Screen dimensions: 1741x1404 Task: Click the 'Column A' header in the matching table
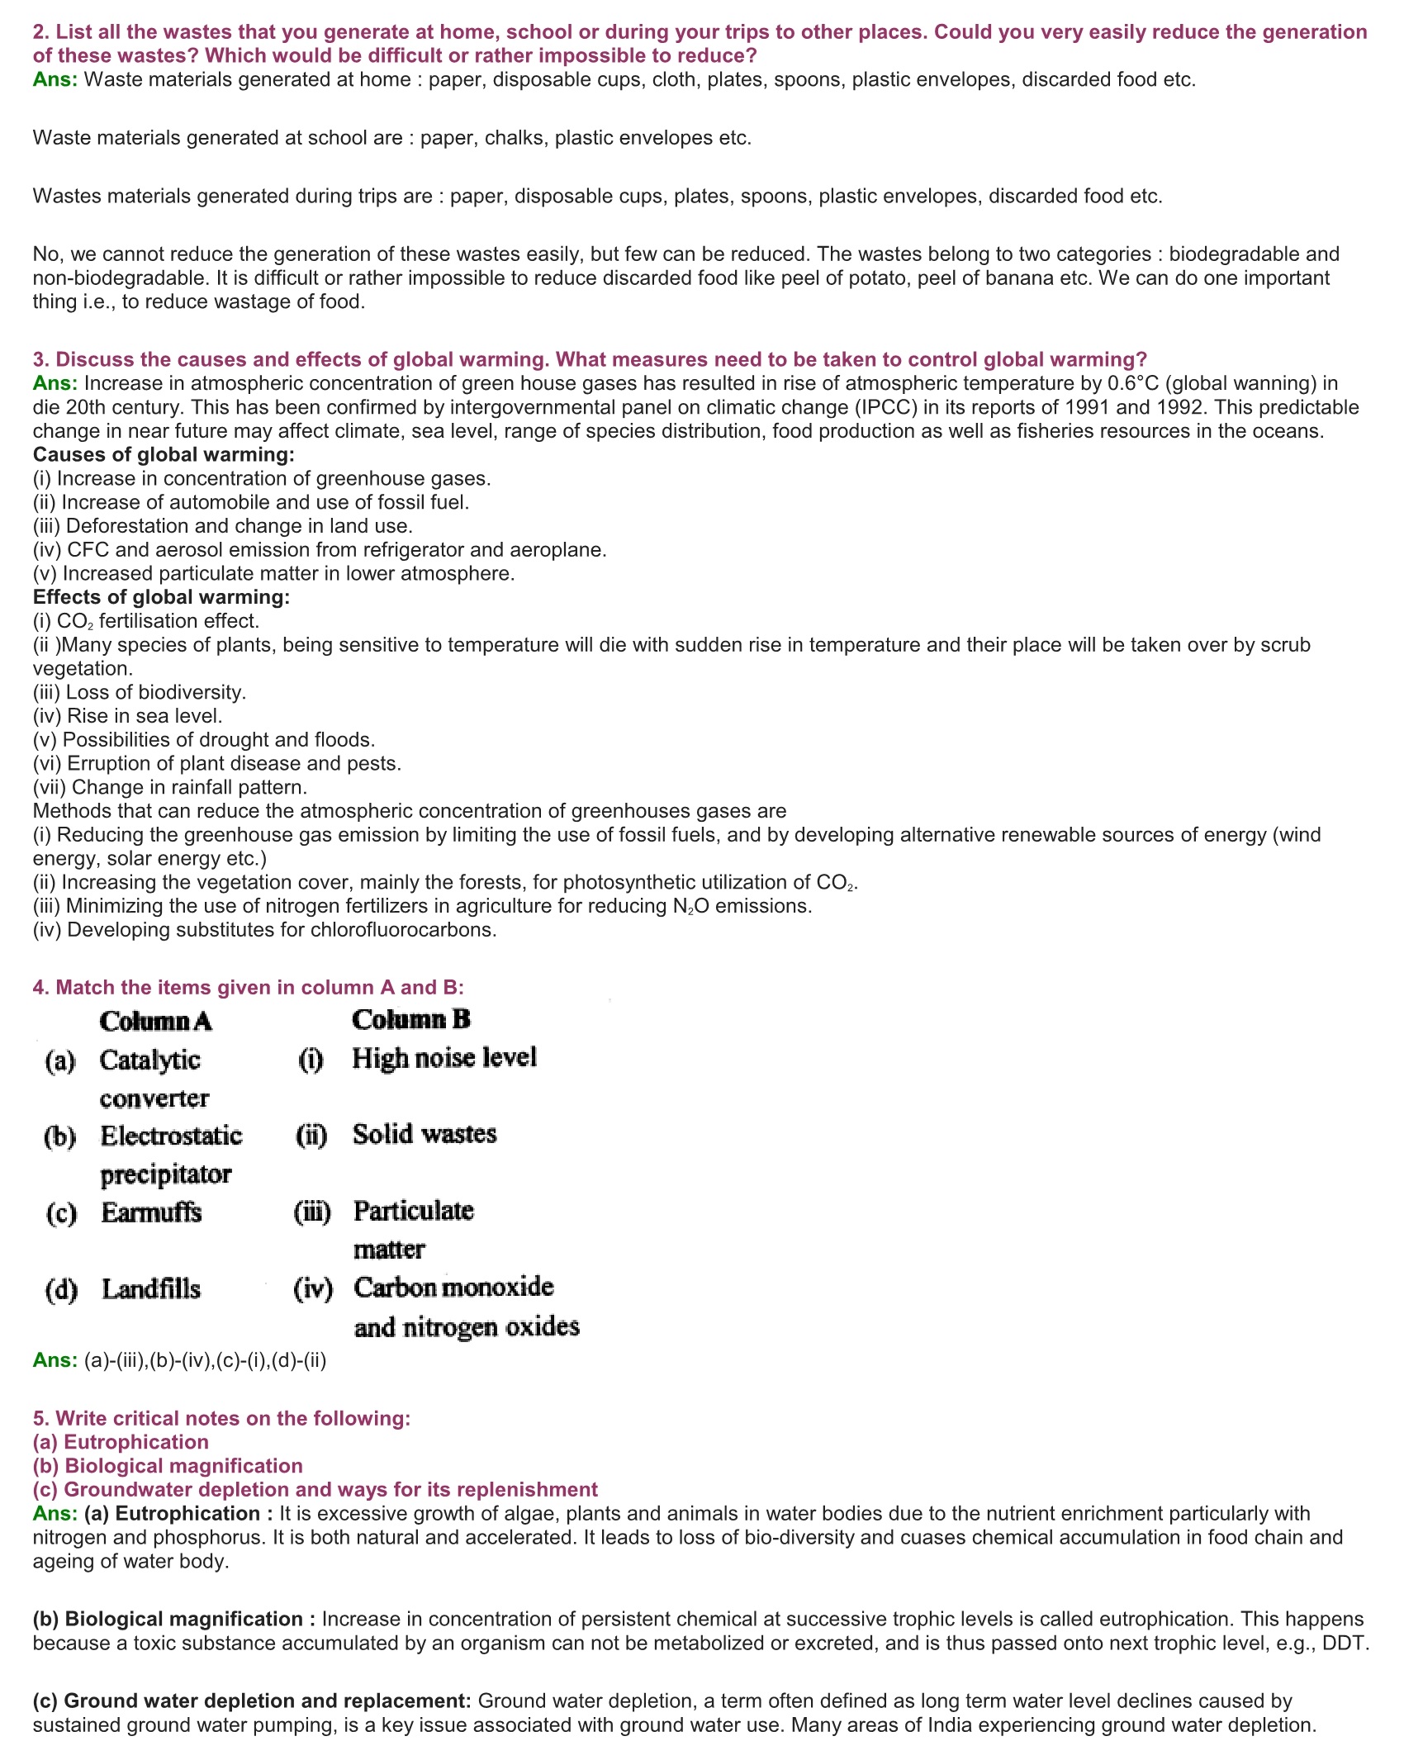(x=155, y=1022)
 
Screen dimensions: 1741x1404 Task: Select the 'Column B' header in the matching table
(x=410, y=1020)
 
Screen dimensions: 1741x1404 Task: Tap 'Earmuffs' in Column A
(x=151, y=1212)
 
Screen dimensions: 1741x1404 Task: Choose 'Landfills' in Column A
(x=151, y=1289)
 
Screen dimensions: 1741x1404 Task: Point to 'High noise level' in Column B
(x=443, y=1058)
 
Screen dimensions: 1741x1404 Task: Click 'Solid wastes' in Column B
(x=425, y=1134)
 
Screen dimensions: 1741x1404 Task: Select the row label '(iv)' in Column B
(x=312, y=1288)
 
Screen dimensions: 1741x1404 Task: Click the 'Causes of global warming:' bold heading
(x=164, y=455)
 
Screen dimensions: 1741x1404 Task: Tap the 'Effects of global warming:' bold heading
(x=161, y=597)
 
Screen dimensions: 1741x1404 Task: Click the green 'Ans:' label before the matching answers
(x=55, y=1360)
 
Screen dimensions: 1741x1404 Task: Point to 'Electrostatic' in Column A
(x=171, y=1136)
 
